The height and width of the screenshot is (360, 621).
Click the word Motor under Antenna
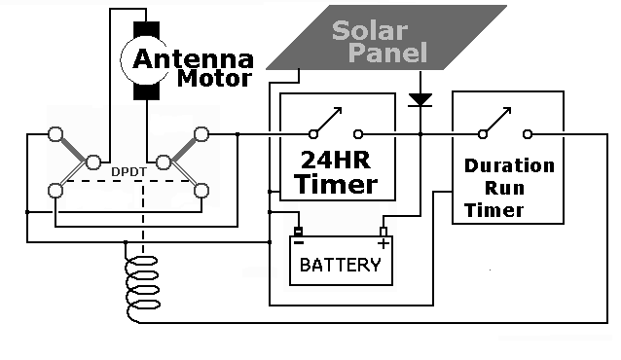coord(214,79)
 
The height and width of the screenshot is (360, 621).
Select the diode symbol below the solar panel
coord(420,99)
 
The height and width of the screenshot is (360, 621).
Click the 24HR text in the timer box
coord(336,158)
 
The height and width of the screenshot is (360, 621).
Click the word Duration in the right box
coord(509,165)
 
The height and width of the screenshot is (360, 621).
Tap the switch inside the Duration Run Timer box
coord(505,125)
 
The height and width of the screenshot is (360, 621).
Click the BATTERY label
coord(340,265)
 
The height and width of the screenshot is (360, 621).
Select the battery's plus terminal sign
coord(383,241)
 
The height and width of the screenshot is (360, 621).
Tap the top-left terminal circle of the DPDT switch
coord(56,133)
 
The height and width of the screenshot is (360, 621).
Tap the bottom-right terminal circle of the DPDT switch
coord(202,191)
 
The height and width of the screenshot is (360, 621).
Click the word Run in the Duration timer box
coord(508,188)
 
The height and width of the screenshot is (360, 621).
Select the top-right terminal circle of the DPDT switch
coord(202,133)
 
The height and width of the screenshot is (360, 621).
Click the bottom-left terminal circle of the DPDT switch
coord(56,191)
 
